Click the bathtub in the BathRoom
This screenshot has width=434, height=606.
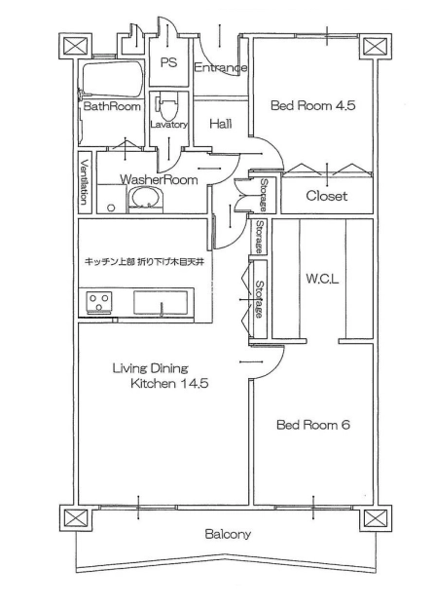point(112,79)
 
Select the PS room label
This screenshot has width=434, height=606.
point(168,62)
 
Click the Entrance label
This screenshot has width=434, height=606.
point(221,67)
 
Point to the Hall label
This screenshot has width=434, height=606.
point(221,124)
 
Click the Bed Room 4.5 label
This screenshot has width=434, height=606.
point(312,105)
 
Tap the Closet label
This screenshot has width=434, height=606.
point(327,196)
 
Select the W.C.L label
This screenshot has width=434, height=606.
point(322,279)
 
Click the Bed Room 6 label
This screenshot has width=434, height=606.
point(313,425)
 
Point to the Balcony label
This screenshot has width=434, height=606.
point(228,535)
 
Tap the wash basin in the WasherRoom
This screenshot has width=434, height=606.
point(145,198)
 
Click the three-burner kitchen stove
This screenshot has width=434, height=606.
point(99,301)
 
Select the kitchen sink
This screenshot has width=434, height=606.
point(161,303)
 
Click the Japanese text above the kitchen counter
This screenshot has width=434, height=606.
point(144,262)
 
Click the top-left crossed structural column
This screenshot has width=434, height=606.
point(76,47)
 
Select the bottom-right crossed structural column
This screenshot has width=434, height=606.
point(376,518)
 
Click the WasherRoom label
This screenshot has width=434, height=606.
point(159,179)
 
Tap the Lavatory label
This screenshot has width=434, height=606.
point(168,125)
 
